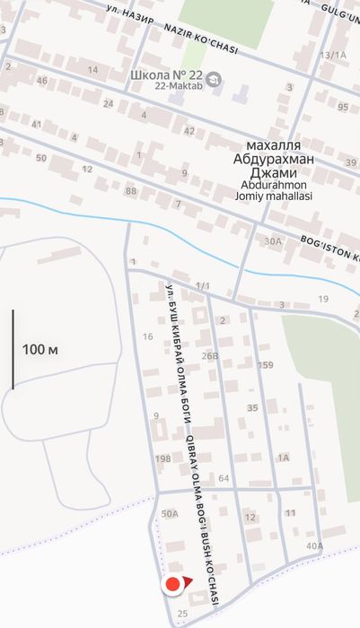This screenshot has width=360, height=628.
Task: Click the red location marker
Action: [x=171, y=586]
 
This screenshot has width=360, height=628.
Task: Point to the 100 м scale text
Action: [x=40, y=349]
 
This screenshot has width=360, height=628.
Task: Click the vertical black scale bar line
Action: [x=13, y=349]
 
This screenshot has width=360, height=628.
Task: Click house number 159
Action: [x=265, y=365]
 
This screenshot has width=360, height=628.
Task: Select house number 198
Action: [x=162, y=459]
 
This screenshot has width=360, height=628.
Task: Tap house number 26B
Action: [x=210, y=356]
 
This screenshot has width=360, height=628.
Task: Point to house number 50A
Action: [x=170, y=514]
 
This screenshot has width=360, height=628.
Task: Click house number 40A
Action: [x=314, y=545]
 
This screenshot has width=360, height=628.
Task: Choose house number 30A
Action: [x=273, y=241]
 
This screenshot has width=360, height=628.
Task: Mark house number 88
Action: [x=132, y=191]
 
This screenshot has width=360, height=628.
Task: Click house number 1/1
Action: [x=203, y=286]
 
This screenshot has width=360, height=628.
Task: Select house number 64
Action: [x=224, y=478]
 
